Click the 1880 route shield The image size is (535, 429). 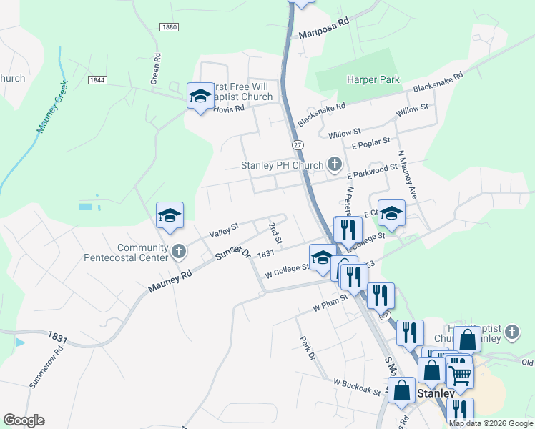click(169, 27)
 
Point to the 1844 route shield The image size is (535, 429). click(98, 79)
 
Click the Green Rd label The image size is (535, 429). click(155, 68)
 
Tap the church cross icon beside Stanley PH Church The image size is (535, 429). click(334, 165)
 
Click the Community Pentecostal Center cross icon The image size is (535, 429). click(179, 250)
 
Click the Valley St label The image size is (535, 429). click(223, 230)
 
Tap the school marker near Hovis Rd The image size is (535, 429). click(200, 95)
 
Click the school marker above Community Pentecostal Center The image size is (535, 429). click(170, 214)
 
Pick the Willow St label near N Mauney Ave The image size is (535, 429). click(412, 110)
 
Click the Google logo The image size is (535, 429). click(24, 420)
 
